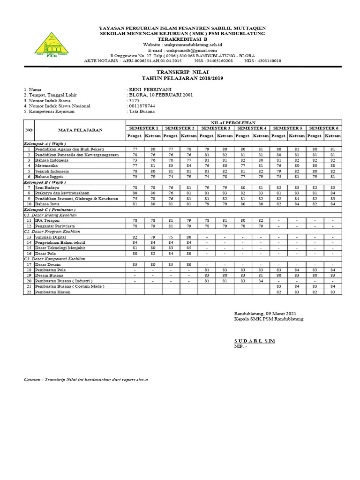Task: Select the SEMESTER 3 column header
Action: coord(215,128)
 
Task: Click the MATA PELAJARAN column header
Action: coord(80,130)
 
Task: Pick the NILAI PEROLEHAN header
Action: coord(233,122)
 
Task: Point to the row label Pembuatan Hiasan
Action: coord(53,292)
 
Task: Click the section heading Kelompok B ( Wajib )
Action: coord(45,182)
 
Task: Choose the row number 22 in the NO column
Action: coord(29,292)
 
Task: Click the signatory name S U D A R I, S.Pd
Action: coord(254,341)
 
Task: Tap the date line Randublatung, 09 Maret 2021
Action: coord(265,313)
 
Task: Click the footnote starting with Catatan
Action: coord(86,380)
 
